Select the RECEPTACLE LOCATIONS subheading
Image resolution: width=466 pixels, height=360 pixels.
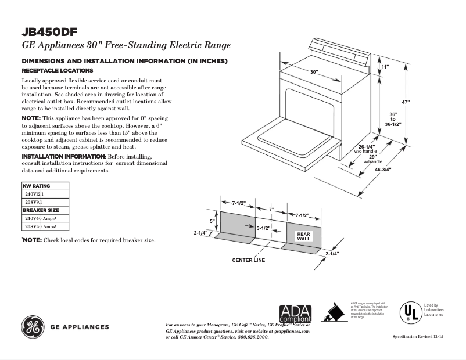point(57,70)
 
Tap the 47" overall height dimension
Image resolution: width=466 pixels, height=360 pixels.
point(406,102)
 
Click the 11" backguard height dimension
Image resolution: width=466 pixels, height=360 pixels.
point(385,67)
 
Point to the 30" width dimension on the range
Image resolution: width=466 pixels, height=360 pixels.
point(314,72)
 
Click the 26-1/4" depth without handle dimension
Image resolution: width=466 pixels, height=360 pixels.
point(366,146)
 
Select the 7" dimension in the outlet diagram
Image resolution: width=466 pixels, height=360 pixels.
point(271,209)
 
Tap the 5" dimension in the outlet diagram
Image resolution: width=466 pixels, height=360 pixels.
point(212,221)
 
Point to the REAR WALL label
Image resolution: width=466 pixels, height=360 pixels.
point(304,236)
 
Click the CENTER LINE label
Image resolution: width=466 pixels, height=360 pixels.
point(248,260)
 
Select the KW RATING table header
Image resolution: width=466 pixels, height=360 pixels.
point(36,186)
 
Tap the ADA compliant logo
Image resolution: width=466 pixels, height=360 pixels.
point(295,314)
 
